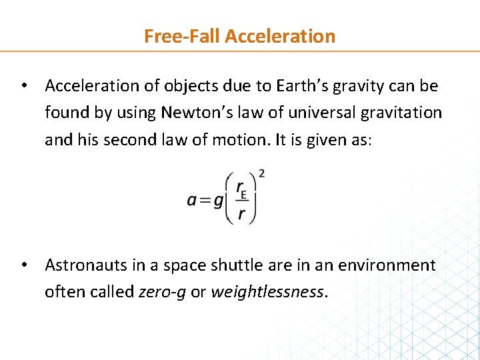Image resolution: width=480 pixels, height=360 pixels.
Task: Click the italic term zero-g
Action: tap(163, 293)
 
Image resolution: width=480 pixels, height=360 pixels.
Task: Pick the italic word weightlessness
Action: tap(267, 293)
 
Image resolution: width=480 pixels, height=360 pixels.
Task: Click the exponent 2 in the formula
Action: tap(261, 174)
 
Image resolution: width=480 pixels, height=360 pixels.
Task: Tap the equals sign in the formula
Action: tap(204, 201)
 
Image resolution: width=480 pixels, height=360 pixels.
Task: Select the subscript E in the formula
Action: tap(245, 195)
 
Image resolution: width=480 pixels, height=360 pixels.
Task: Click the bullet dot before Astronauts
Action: tap(23, 265)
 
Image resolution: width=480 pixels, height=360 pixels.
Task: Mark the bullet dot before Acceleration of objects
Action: tap(23, 86)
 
